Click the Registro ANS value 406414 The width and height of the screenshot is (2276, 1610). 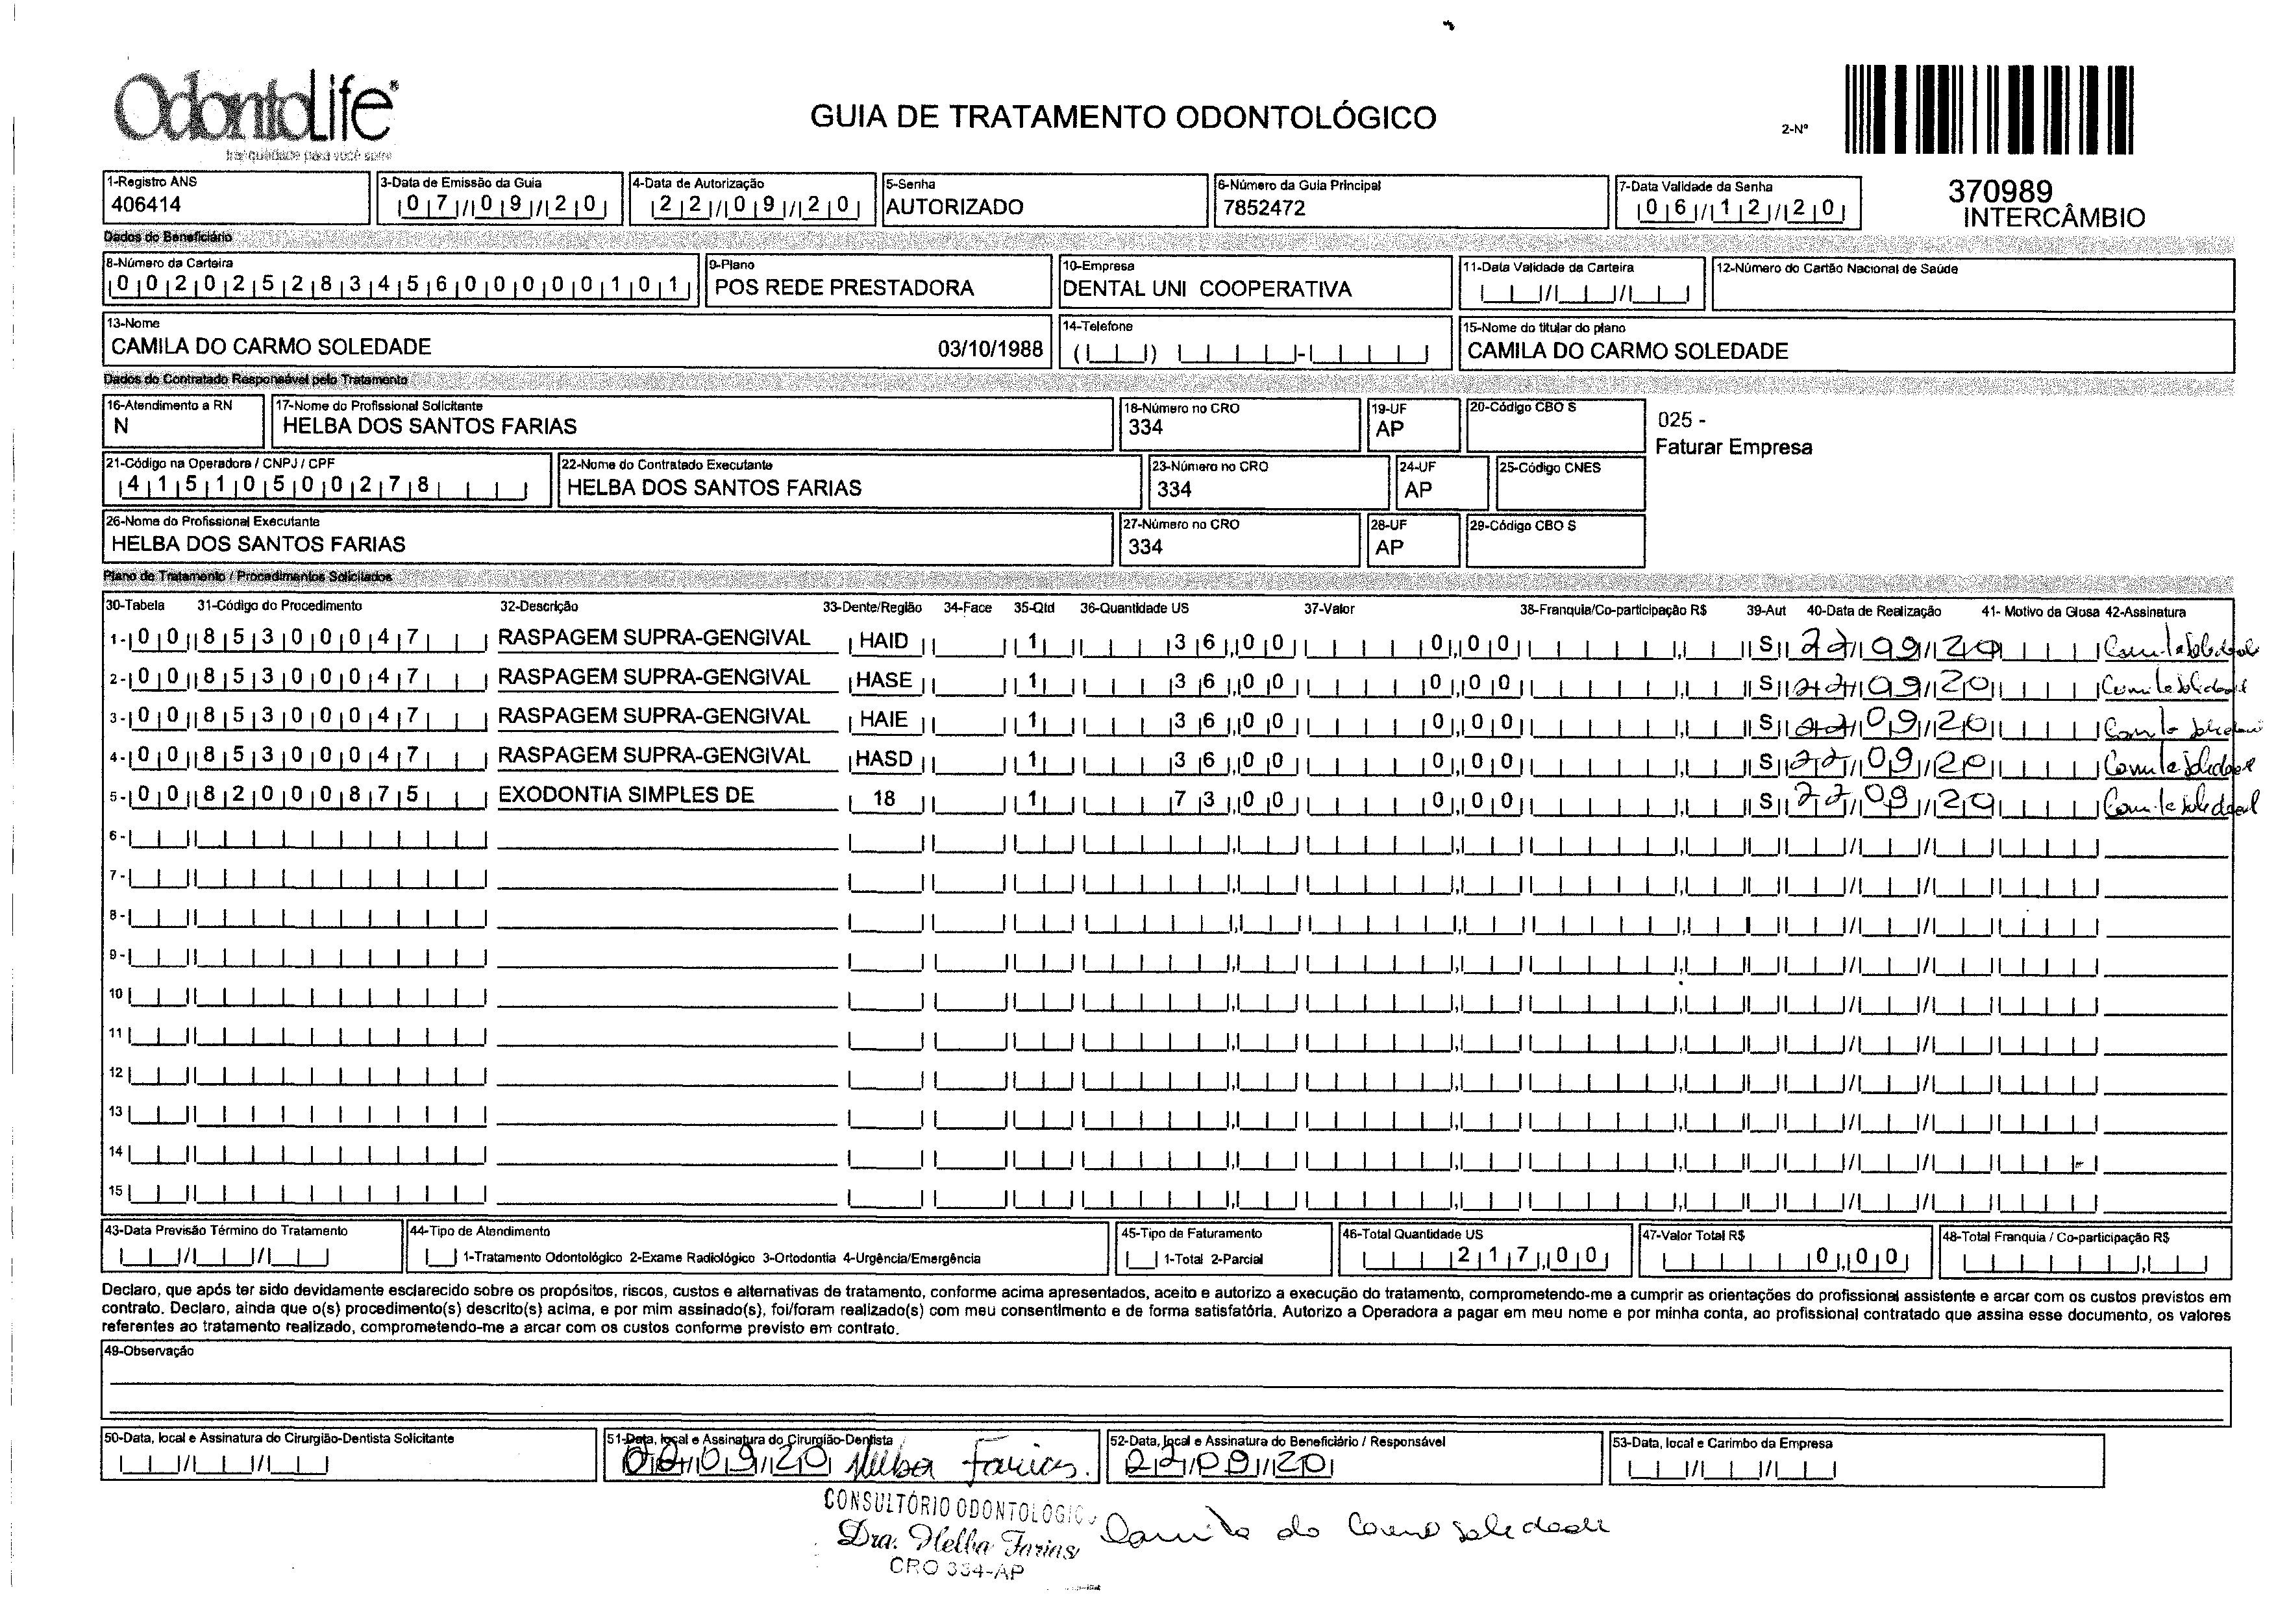pyautogui.click(x=146, y=205)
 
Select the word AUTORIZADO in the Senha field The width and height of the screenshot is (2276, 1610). pyautogui.click(x=954, y=207)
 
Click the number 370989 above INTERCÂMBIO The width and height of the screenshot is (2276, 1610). pyautogui.click(x=2000, y=190)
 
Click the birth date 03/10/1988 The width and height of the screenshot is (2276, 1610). pyautogui.click(x=990, y=348)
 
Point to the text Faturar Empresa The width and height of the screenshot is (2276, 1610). pyautogui.click(x=1733, y=447)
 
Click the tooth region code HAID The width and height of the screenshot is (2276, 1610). pyautogui.click(x=884, y=641)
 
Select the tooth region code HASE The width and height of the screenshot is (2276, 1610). pyautogui.click(x=884, y=680)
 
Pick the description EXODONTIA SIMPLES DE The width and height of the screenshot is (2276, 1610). pyautogui.click(x=626, y=795)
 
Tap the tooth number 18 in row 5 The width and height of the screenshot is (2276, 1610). pyautogui.click(x=884, y=798)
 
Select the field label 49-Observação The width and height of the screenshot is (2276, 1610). pyautogui.click(x=149, y=1351)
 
